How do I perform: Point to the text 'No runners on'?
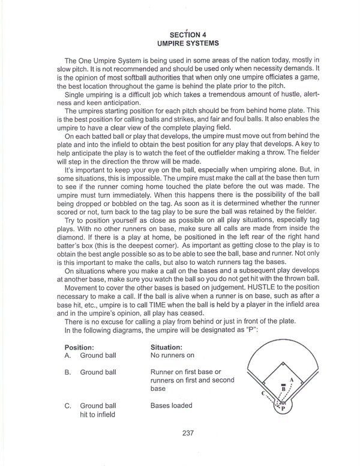tap(173, 356)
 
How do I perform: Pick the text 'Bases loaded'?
tap(172, 406)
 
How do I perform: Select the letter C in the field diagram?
tap(263, 393)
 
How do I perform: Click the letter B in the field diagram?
tap(283, 389)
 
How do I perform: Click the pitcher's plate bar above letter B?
tap(283, 383)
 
